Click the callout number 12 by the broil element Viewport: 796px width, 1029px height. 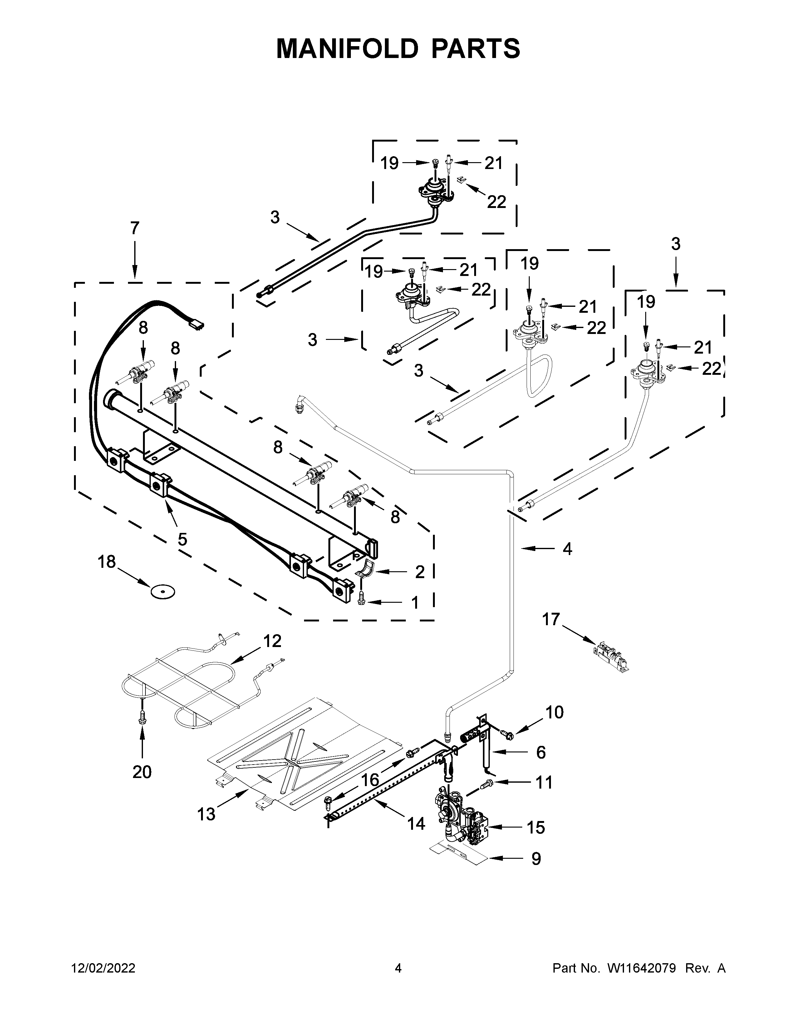pyautogui.click(x=272, y=641)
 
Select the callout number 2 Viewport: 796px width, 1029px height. pyautogui.click(x=419, y=572)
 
